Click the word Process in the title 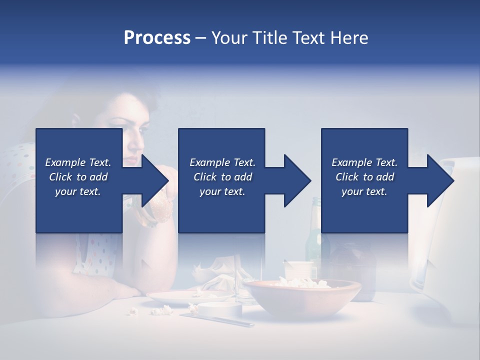pos(157,38)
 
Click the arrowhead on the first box pos(154,180)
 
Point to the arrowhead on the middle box pos(297,180)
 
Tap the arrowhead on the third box pos(440,180)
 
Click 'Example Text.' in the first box pos(78,162)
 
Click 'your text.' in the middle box pos(222,191)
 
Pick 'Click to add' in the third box pos(364,177)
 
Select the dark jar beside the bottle pos(355,265)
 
